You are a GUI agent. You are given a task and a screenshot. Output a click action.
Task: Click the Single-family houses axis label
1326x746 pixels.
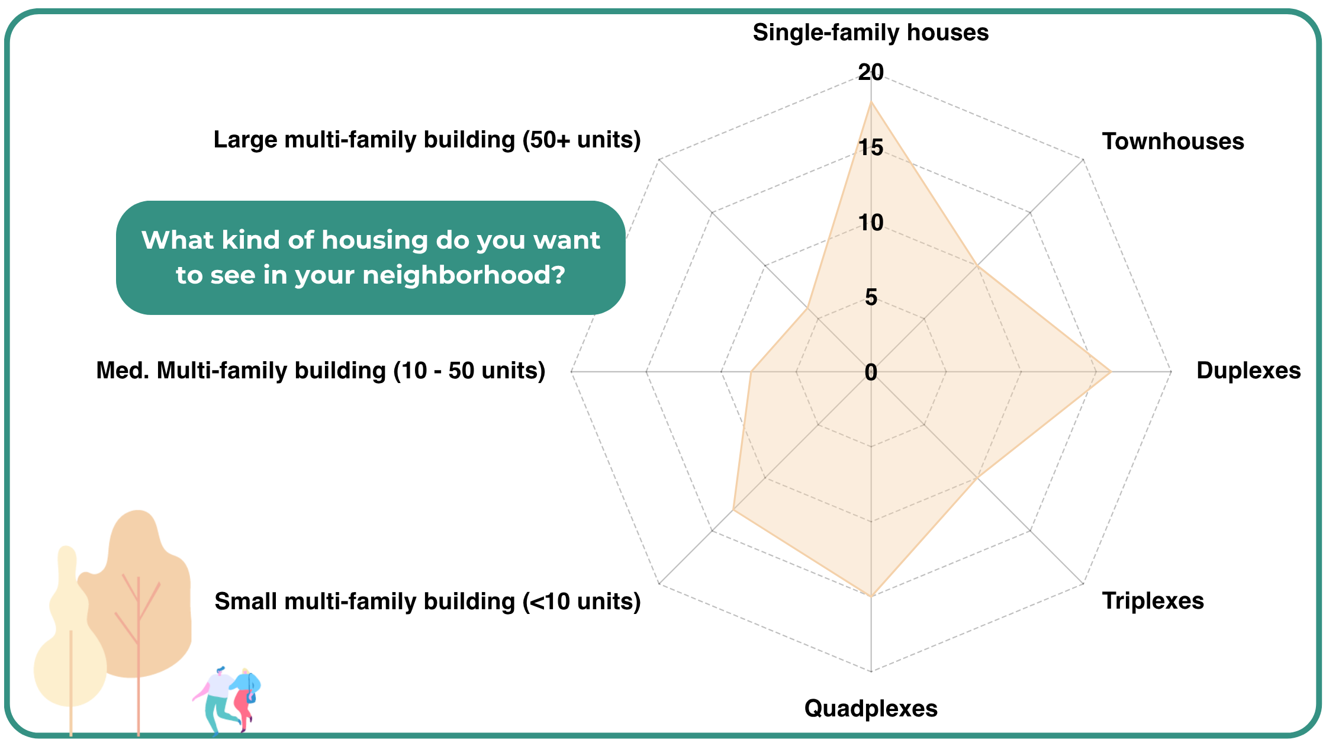tap(870, 33)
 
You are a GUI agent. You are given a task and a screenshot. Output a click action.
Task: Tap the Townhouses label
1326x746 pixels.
tap(1173, 142)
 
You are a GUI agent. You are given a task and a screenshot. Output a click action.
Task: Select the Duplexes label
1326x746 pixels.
tap(1248, 371)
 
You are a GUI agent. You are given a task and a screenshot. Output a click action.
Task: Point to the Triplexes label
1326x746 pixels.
tap(1153, 601)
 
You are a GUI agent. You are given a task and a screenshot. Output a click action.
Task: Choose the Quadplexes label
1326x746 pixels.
tap(871, 709)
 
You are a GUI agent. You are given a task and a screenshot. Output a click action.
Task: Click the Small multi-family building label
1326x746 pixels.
tap(427, 602)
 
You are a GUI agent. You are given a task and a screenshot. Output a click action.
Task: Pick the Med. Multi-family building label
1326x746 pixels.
tap(320, 371)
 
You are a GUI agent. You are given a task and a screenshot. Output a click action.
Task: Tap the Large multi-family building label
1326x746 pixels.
tap(427, 140)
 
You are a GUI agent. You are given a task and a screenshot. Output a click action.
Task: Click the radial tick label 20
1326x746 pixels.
tap(871, 72)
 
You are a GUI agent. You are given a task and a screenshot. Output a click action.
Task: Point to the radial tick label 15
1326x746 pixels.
tap(871, 147)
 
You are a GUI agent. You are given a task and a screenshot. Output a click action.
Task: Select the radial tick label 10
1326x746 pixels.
tap(871, 223)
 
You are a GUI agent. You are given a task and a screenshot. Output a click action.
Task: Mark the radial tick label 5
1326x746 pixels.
tap(871, 297)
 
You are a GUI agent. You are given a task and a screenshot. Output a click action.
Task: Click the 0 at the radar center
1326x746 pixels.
tap(871, 372)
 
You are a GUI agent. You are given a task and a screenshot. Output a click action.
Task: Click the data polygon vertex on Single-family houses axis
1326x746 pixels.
tap(871, 102)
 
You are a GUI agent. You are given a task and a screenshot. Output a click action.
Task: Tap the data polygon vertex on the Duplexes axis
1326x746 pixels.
tap(1111, 372)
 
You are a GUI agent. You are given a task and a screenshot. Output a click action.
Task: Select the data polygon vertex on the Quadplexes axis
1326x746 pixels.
tap(871, 596)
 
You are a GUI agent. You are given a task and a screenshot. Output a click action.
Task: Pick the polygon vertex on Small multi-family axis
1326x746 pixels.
tap(733, 510)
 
